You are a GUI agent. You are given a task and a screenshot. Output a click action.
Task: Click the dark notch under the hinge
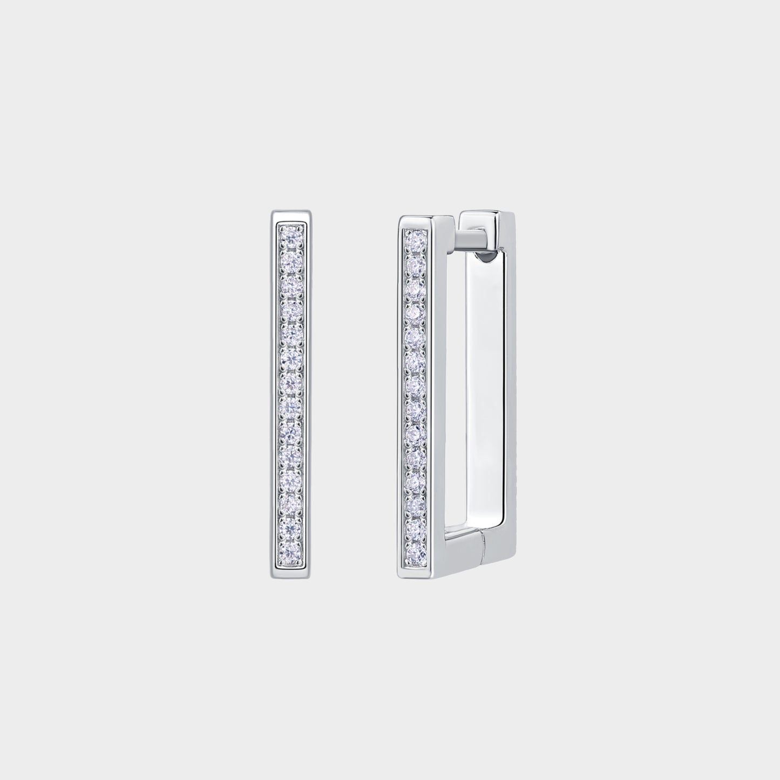[x=486, y=259]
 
